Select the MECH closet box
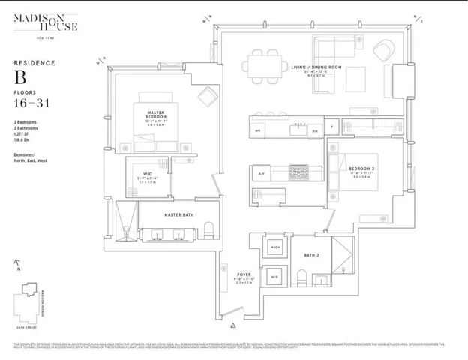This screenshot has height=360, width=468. (274, 247)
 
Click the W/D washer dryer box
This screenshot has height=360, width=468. (274, 274)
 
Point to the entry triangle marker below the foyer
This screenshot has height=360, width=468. (233, 325)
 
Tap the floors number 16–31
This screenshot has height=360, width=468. (33, 103)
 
